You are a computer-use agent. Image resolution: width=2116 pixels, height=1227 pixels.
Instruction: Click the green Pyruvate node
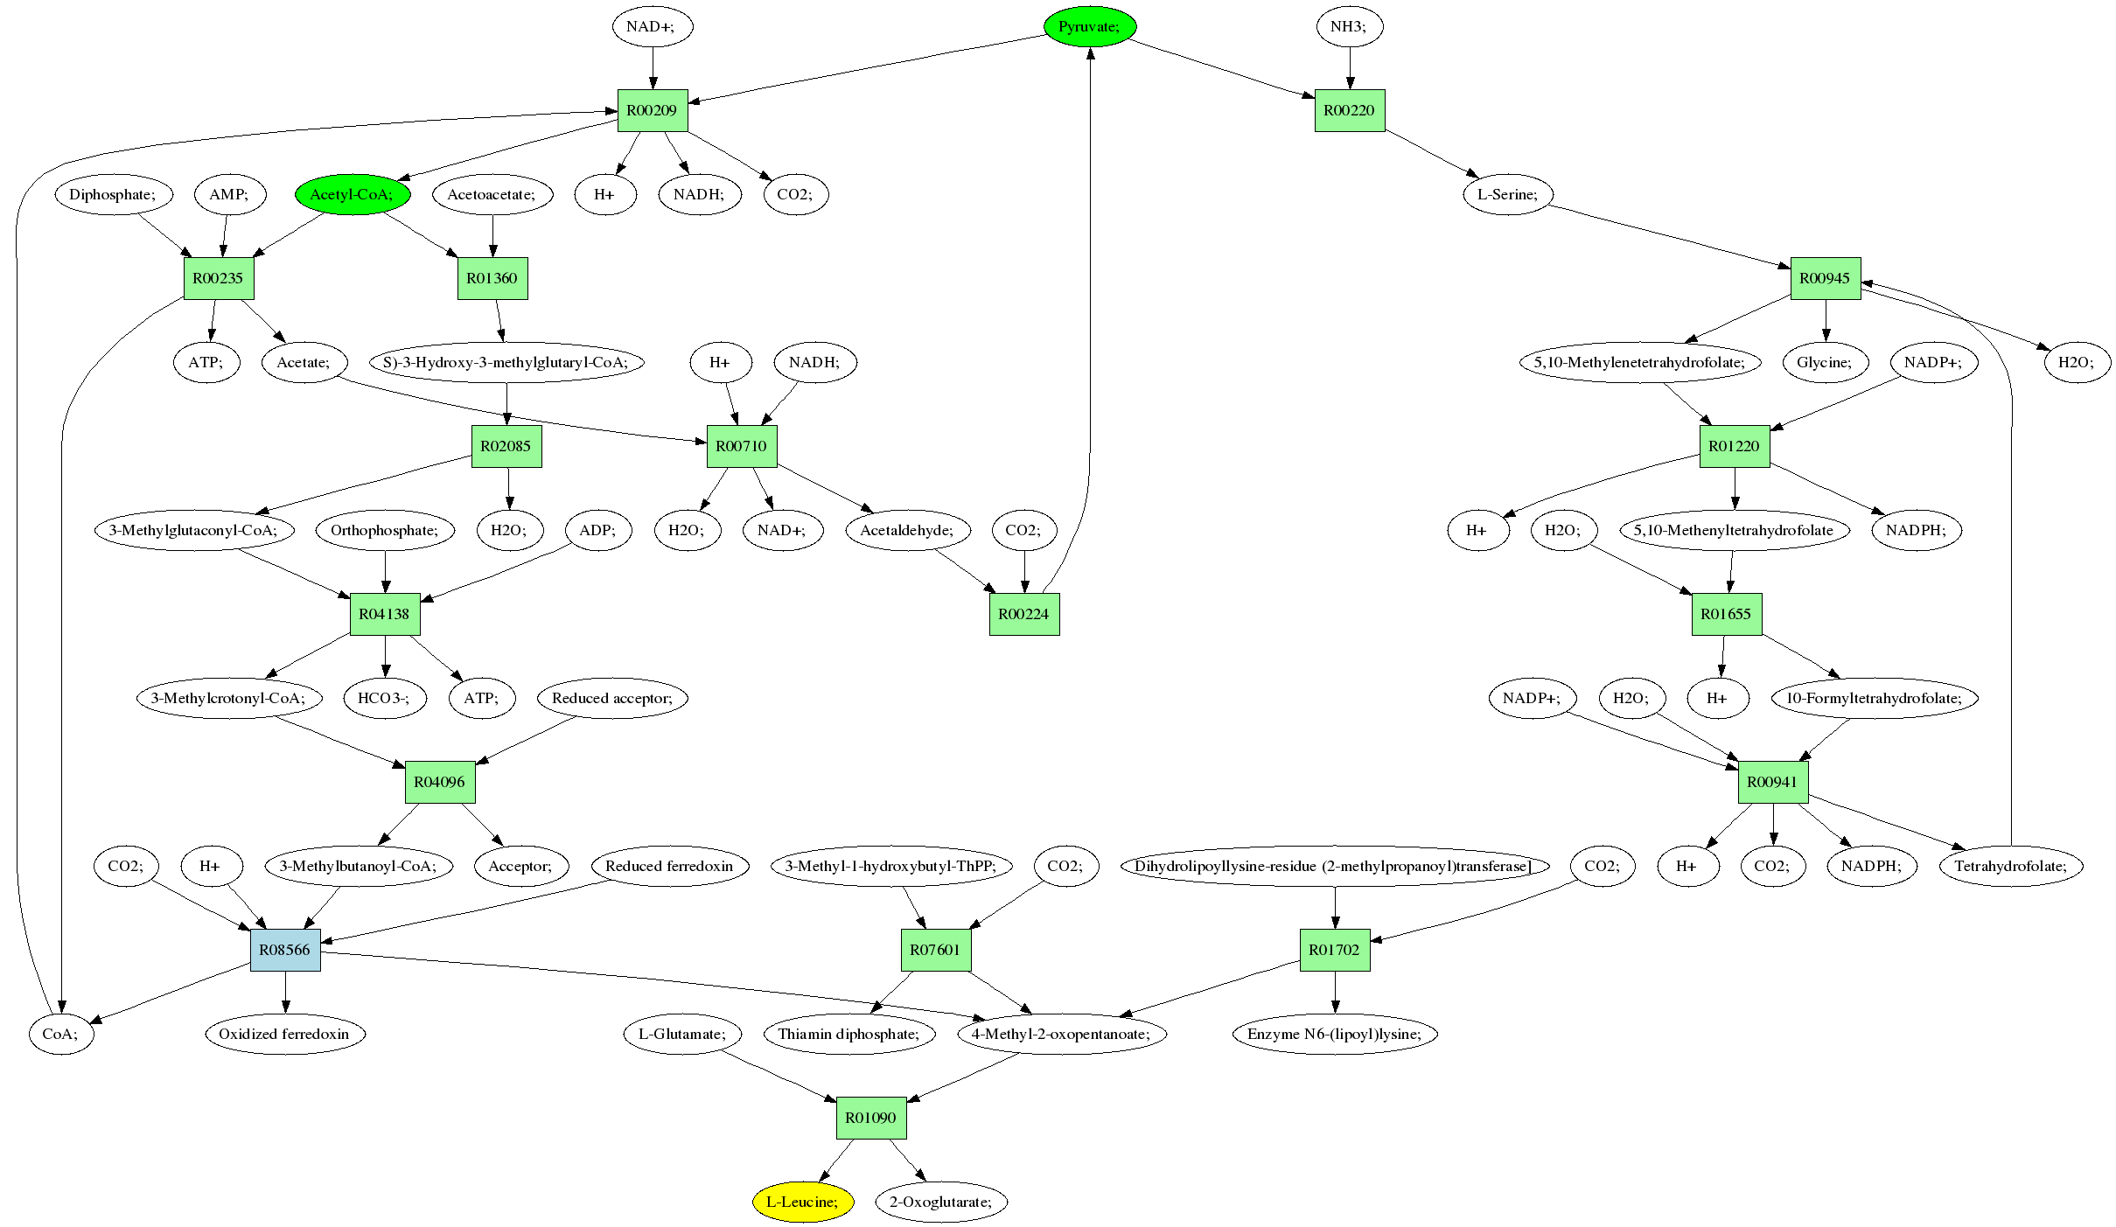pos(1089,26)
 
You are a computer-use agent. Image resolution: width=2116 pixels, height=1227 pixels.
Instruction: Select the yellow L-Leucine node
pos(802,1202)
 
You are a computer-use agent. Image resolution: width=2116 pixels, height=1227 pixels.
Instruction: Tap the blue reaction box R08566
pos(285,950)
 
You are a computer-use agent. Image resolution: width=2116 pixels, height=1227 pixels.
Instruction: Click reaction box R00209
pos(653,110)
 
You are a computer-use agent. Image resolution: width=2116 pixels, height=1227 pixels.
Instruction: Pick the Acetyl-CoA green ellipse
pos(352,194)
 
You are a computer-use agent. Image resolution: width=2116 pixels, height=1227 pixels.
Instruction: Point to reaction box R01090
pos(871,1118)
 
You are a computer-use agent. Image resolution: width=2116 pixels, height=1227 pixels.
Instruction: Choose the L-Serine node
pos(1507,194)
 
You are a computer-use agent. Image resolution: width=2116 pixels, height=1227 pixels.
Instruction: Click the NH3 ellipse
pos(1348,26)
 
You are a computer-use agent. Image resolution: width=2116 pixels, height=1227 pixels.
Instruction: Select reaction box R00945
pos(1826,278)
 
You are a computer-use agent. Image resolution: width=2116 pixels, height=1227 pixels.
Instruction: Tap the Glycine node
pos(1825,362)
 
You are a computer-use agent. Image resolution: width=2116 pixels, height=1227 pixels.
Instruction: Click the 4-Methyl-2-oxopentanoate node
pos(1061,1034)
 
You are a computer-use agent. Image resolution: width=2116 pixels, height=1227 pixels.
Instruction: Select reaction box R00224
pos(1024,614)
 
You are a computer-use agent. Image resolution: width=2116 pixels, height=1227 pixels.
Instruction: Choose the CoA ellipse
pos(60,1034)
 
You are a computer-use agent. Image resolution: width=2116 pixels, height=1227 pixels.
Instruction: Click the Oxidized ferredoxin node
pos(284,1034)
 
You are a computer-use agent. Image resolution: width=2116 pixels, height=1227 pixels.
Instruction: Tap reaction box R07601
pos(936,950)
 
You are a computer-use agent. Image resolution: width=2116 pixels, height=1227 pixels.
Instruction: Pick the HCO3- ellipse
pos(385,698)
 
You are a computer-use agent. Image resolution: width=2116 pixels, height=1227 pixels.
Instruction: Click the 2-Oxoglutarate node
pos(941,1202)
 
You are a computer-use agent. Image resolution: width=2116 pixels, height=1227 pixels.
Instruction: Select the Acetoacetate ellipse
pos(492,194)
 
